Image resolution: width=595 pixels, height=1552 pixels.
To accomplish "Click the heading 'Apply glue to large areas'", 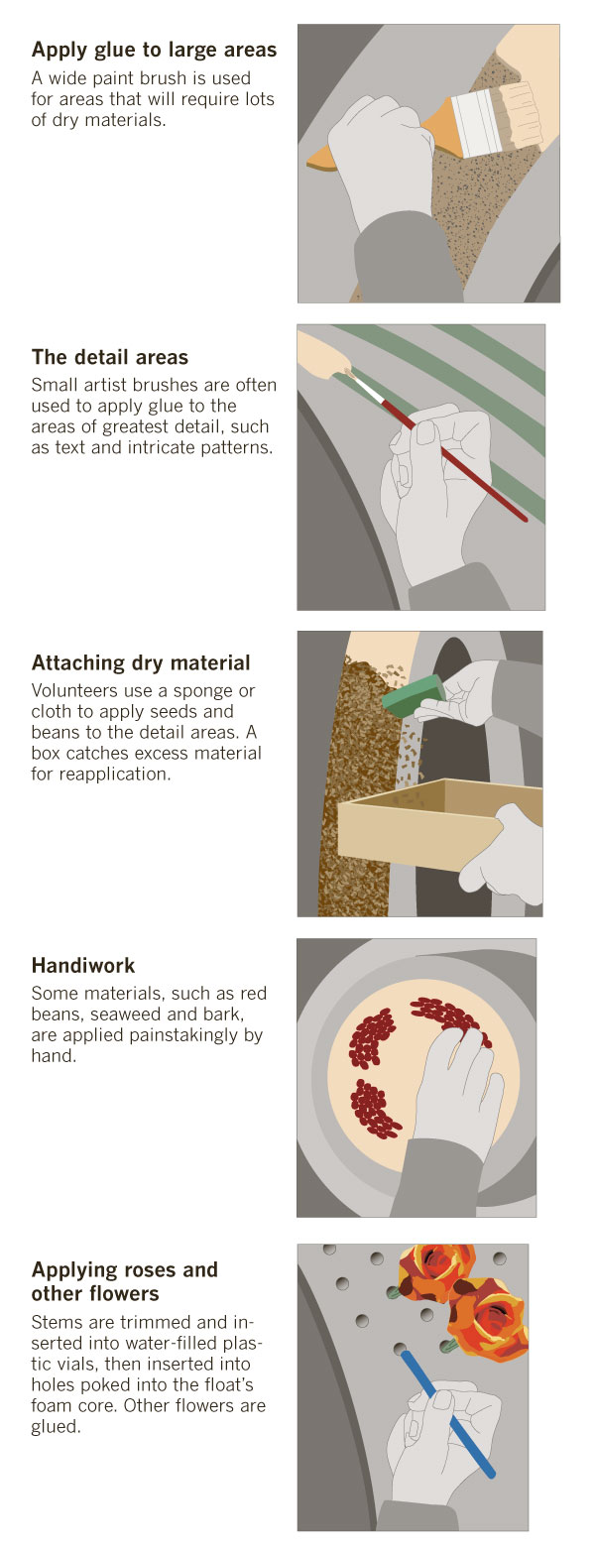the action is click(154, 50).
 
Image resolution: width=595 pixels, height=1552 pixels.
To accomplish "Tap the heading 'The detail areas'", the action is click(109, 357).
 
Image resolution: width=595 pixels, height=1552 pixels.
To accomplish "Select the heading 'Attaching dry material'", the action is click(141, 663).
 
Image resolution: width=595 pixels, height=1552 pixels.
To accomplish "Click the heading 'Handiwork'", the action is click(83, 965).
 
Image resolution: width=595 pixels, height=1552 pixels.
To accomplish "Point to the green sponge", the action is click(414, 695).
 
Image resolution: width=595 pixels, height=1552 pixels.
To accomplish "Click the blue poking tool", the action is click(447, 1414).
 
